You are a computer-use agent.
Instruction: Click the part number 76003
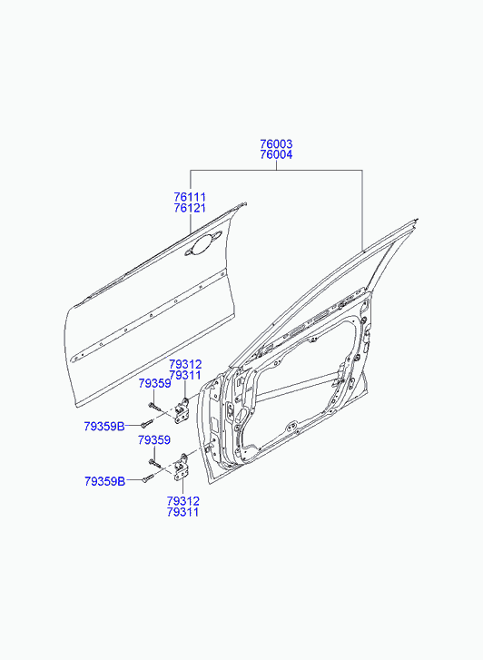point(276,144)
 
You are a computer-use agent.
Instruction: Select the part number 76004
point(276,155)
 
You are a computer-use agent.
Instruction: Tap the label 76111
point(190,197)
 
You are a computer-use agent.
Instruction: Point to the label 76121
point(190,208)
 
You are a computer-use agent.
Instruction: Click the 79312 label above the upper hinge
point(185,364)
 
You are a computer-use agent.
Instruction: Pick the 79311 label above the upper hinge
point(185,375)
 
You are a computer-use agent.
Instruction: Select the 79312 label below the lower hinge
point(182,501)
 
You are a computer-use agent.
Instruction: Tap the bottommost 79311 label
point(182,512)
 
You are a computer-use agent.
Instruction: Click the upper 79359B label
point(104,427)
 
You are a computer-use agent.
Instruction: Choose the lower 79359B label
point(104,481)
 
